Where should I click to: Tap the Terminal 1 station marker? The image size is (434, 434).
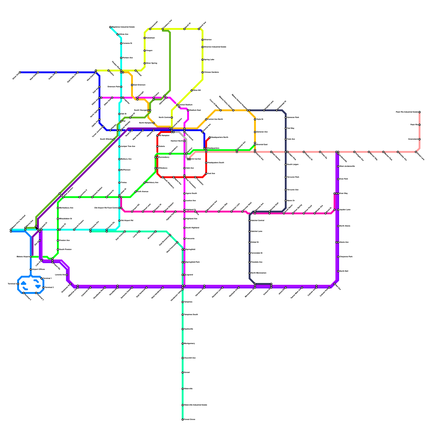click(x=42, y=279)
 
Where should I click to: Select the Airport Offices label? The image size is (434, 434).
click(x=38, y=269)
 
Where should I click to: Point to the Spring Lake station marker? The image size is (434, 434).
click(x=203, y=60)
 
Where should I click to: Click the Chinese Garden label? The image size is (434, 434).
click(x=211, y=72)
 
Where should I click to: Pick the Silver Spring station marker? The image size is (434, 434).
click(x=145, y=63)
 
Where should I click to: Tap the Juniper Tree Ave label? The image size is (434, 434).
click(x=128, y=146)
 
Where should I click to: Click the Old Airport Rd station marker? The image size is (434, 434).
click(x=119, y=221)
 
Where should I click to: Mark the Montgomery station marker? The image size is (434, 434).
click(x=183, y=344)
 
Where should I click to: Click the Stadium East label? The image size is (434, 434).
click(x=195, y=110)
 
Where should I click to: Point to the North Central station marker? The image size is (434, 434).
click(x=172, y=117)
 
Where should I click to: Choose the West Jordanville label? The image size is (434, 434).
click(x=347, y=166)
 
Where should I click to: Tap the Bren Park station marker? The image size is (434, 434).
click(x=338, y=179)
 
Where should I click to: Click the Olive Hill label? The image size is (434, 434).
click(x=197, y=90)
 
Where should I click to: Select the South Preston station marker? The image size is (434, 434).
click(x=58, y=250)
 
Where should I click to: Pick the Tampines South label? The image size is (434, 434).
click(x=191, y=315)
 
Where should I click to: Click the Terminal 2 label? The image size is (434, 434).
click(x=49, y=288)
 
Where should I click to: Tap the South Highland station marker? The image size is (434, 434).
click(x=184, y=228)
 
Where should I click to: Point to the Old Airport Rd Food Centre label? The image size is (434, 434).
click(x=106, y=208)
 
